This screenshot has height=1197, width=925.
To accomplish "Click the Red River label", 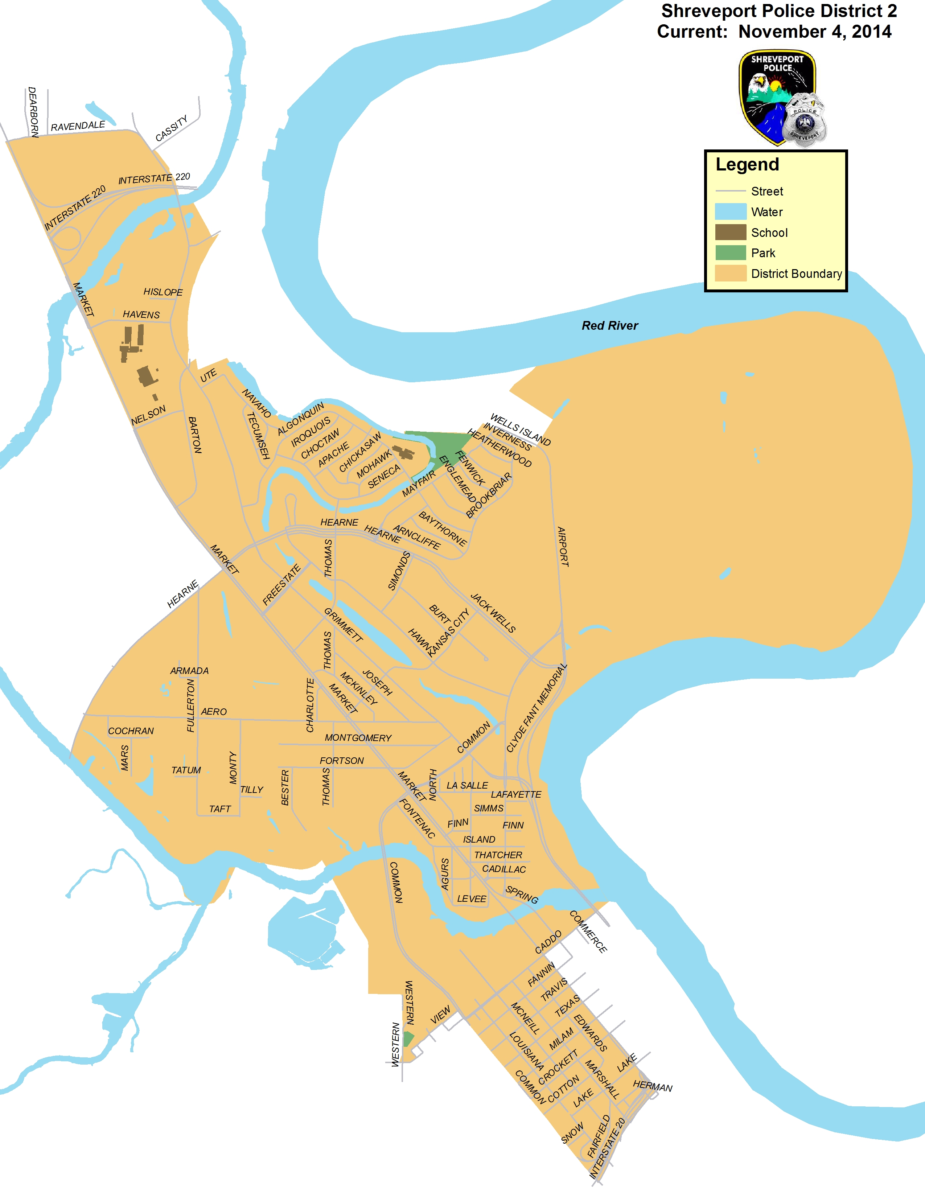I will pos(609,326).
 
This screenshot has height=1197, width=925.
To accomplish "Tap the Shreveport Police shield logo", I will pos(777,98).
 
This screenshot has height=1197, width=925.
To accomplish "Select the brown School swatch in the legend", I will pos(731,233).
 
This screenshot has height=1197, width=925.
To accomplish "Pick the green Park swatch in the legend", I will pos(731,253).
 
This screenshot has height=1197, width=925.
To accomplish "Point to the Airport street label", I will pos(563,546).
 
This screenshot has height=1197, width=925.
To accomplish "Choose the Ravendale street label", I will pos(78,126).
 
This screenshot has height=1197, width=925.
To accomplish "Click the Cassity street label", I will pos(172,128).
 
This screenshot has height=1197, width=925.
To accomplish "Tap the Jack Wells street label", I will pos(493,613).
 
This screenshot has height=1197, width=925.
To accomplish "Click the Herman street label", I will pos(652,1086).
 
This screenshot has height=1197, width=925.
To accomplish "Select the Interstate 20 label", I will pos(607,1148).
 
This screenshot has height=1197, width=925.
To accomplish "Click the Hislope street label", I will pos(163,292).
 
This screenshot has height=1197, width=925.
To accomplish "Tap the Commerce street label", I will pos(588,932).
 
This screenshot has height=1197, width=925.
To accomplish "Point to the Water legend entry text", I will pos(766,212).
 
